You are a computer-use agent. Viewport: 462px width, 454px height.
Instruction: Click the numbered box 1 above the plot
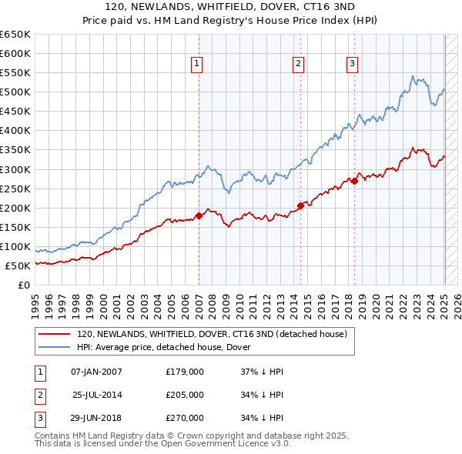[197, 64]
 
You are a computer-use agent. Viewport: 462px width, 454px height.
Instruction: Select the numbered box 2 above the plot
[297, 64]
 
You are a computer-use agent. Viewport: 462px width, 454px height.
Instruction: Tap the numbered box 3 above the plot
[352, 64]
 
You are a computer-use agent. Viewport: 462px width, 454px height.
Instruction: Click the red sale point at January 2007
[199, 215]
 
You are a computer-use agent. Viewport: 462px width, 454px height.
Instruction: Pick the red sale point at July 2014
[300, 205]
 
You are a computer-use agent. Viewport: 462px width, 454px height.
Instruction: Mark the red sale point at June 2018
[354, 181]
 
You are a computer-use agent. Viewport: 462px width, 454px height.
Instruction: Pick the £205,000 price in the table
[185, 395]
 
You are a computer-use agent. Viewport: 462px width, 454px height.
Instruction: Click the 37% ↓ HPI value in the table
[263, 372]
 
